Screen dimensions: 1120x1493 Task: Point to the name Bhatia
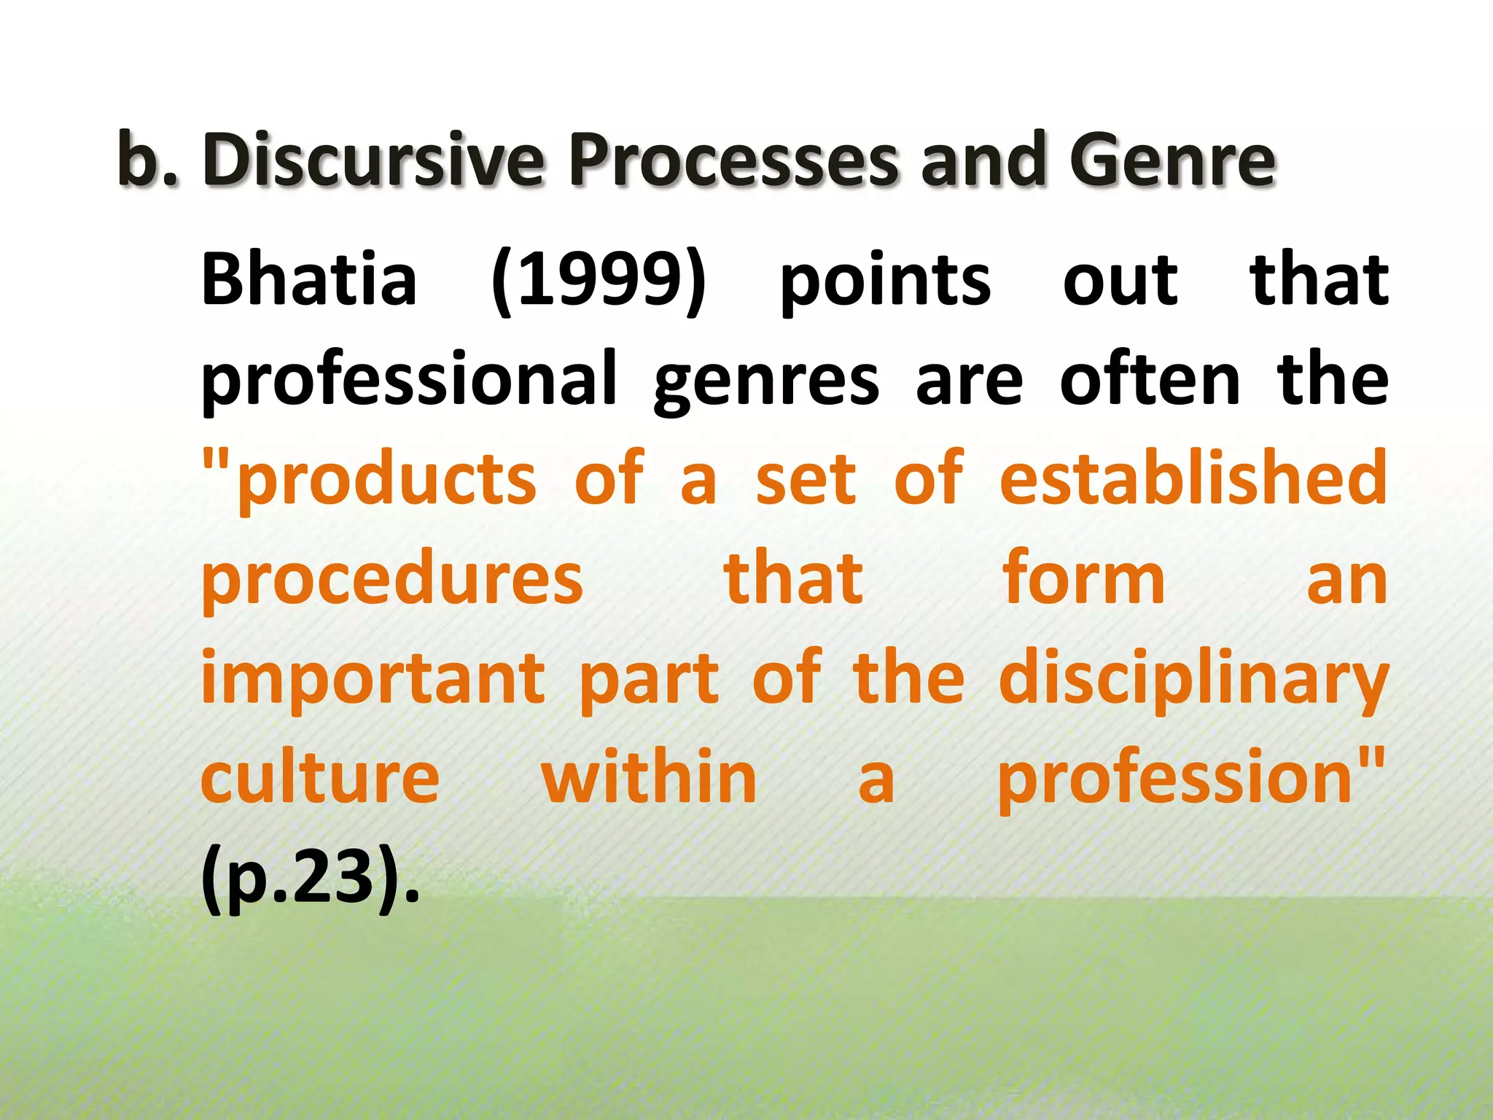point(309,280)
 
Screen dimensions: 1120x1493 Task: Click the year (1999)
point(599,280)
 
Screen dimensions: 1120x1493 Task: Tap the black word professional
point(409,379)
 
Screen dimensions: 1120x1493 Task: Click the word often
point(1150,379)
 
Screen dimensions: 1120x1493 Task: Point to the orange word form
point(1083,577)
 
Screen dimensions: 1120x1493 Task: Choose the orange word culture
point(320,777)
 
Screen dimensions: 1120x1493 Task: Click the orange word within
point(649,777)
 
